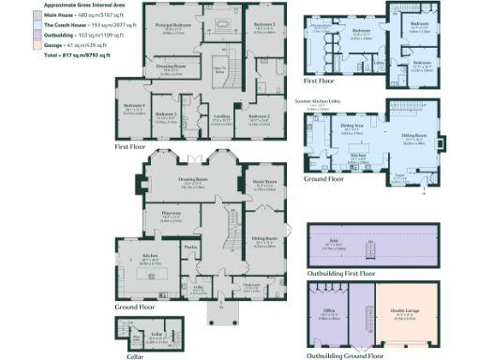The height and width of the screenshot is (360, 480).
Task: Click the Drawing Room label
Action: pos(193,179)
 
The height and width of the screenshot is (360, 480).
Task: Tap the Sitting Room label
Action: pos(413,135)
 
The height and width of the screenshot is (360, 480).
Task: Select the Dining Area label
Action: pos(352,125)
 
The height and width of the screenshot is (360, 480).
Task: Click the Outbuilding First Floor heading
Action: pos(341,273)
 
